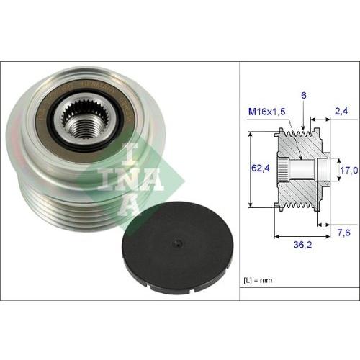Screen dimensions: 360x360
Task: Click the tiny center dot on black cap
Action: pyautogui.click(x=174, y=243)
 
